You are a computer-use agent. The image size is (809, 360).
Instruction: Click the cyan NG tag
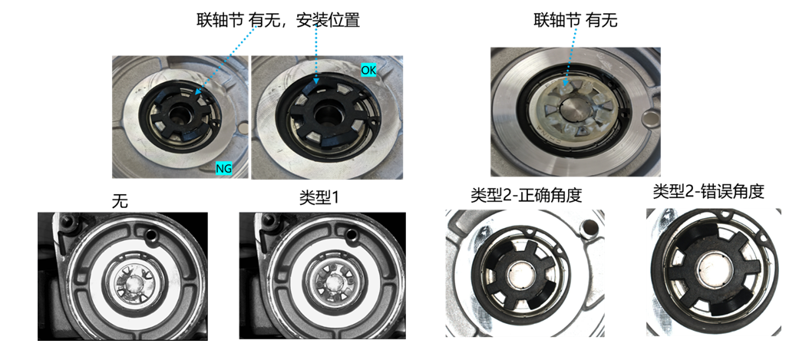click(224, 167)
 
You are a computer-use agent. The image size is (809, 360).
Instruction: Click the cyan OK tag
click(368, 70)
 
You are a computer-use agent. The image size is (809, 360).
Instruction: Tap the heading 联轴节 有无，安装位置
click(278, 21)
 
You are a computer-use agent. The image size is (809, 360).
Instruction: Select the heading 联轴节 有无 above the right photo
click(575, 21)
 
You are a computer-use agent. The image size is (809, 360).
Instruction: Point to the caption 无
click(121, 201)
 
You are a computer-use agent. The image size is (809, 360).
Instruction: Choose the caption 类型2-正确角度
click(527, 196)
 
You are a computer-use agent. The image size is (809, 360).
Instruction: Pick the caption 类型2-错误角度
click(708, 193)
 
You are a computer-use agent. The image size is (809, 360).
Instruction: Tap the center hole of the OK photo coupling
click(326, 113)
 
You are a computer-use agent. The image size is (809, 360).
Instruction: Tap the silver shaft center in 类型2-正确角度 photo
click(517, 272)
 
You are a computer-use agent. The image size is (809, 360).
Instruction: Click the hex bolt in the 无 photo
click(68, 222)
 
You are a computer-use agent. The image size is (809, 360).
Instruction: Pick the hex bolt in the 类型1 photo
click(269, 222)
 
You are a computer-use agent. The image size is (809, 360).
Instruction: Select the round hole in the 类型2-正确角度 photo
click(589, 226)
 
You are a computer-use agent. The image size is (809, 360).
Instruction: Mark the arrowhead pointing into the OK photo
click(317, 81)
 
